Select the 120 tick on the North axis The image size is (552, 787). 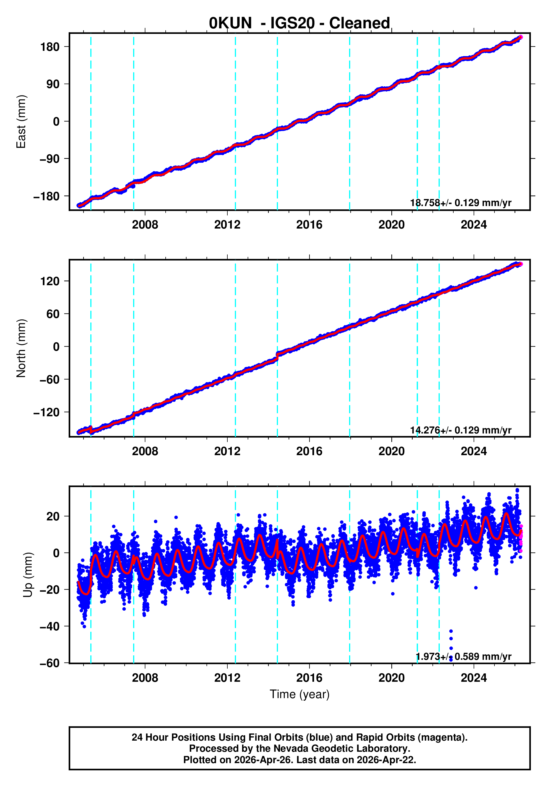click(x=50, y=281)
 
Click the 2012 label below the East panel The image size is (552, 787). click(x=227, y=225)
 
